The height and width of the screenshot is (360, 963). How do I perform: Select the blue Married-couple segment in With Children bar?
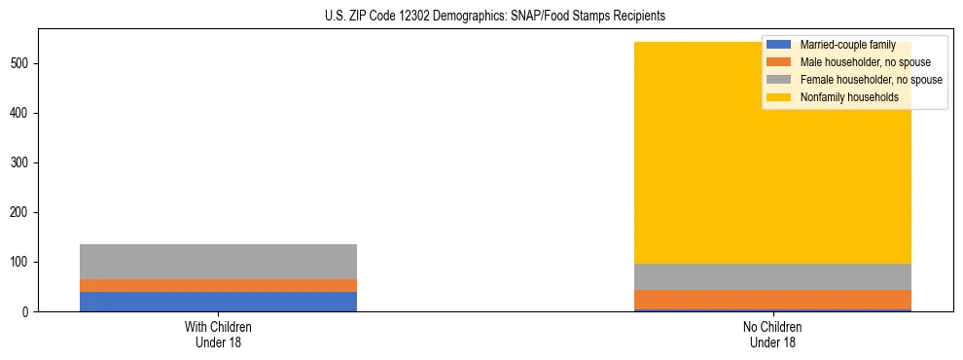pyautogui.click(x=218, y=301)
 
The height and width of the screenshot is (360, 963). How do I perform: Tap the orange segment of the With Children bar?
pyautogui.click(x=218, y=285)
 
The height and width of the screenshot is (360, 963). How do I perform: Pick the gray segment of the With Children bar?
pyautogui.click(x=218, y=261)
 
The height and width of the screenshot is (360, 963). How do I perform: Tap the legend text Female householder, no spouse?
pyautogui.click(x=871, y=80)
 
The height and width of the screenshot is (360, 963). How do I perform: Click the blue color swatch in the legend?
pyautogui.click(x=779, y=45)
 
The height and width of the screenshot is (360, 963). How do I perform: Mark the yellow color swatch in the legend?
pyautogui.click(x=779, y=97)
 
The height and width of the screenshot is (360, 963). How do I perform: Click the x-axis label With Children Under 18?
pyautogui.click(x=218, y=334)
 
